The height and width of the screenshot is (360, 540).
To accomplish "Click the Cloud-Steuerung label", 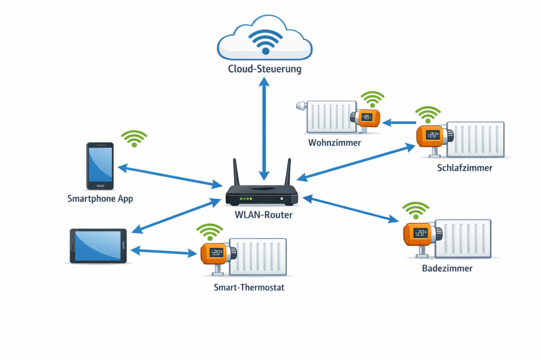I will pyautogui.click(x=265, y=69).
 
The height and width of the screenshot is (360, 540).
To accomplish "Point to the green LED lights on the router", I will pyautogui.click(x=245, y=199).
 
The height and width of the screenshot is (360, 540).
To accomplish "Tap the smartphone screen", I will pyautogui.click(x=100, y=164).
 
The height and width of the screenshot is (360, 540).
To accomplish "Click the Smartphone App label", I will pyautogui.click(x=100, y=199).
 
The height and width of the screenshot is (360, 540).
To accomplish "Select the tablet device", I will pyautogui.click(x=99, y=245).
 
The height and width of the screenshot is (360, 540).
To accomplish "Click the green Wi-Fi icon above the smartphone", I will pyautogui.click(x=134, y=138).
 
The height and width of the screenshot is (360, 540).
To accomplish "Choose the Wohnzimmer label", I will pyautogui.click(x=334, y=142).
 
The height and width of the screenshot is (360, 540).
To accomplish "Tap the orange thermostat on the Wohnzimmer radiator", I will pyautogui.click(x=368, y=118).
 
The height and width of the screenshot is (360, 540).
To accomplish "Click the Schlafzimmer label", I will pyautogui.click(x=465, y=168).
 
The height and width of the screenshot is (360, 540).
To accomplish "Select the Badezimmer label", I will pyautogui.click(x=447, y=268).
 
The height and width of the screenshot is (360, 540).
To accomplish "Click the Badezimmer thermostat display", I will pyautogui.click(x=420, y=233).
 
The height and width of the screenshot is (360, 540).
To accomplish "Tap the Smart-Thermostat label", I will pyautogui.click(x=249, y=287).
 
